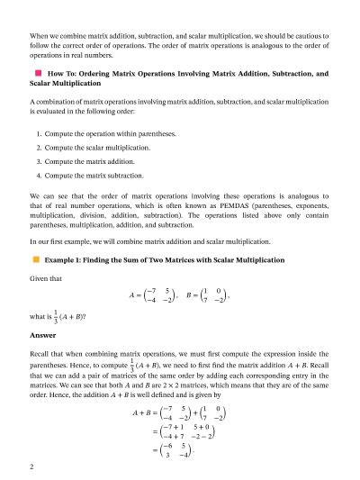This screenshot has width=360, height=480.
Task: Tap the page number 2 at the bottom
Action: point(31,467)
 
